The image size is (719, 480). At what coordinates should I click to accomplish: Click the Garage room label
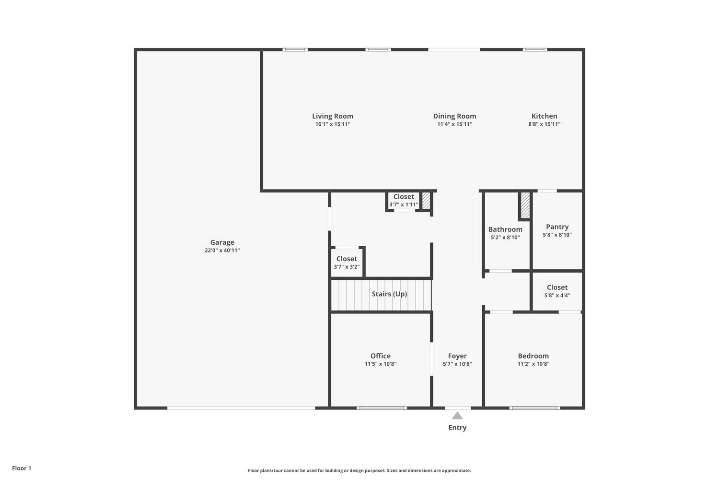click(x=222, y=242)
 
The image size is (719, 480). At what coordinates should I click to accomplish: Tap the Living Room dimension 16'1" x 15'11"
click(x=333, y=124)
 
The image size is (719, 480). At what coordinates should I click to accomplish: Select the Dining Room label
click(x=454, y=116)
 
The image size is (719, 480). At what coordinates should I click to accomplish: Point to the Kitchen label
click(x=544, y=116)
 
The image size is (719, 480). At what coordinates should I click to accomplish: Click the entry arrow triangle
click(x=457, y=416)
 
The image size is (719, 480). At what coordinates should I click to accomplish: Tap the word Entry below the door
click(x=457, y=428)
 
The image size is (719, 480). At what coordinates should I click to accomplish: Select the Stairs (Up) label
click(x=389, y=294)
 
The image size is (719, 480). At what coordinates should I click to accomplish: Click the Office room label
click(x=380, y=356)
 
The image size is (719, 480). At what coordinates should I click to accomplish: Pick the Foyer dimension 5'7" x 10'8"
click(x=457, y=364)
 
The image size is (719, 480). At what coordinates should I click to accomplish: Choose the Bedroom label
click(x=533, y=356)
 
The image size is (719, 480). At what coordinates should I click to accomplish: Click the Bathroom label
click(x=505, y=229)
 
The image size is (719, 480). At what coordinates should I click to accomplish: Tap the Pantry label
click(x=557, y=227)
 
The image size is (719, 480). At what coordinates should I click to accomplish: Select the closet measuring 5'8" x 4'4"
click(x=557, y=291)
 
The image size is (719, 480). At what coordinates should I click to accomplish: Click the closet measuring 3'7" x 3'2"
click(x=347, y=263)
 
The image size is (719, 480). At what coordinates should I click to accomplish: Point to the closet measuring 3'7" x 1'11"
click(x=404, y=200)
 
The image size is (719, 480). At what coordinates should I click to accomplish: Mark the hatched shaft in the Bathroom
click(x=525, y=205)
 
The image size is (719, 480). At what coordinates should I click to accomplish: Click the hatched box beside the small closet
click(x=426, y=201)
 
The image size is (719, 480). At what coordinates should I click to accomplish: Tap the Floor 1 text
click(x=22, y=468)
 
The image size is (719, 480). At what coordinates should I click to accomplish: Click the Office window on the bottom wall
click(x=382, y=408)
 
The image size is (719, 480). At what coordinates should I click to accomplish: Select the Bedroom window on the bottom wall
click(x=534, y=408)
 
